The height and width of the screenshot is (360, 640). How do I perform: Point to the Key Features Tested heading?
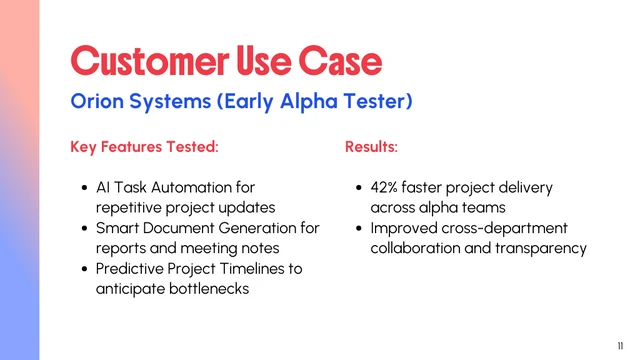[x=144, y=147]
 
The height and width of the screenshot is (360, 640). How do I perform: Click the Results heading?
[x=371, y=147]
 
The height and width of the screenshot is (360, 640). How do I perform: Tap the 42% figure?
[x=387, y=187]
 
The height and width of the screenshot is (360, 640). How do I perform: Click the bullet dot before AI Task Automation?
[x=84, y=188]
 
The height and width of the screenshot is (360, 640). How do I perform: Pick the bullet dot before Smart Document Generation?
[x=84, y=229]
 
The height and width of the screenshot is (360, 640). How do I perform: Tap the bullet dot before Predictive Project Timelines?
[x=84, y=270]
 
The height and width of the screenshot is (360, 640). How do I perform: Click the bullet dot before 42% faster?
[x=359, y=188]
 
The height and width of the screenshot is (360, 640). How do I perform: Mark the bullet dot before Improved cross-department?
[x=359, y=229]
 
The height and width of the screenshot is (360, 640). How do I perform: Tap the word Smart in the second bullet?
[x=118, y=228]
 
